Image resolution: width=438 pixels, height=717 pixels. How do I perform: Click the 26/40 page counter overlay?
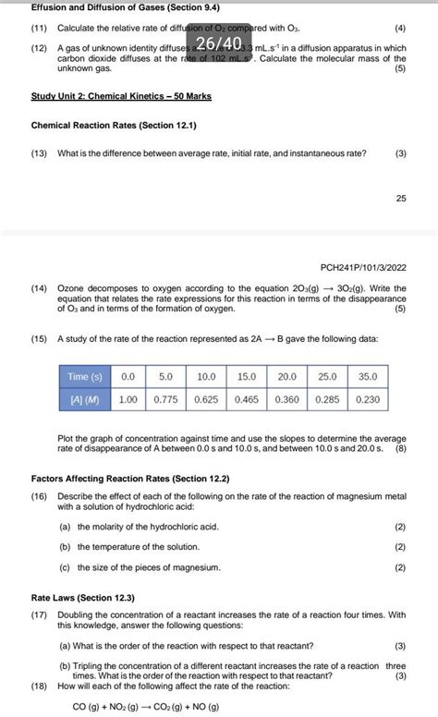(x=218, y=43)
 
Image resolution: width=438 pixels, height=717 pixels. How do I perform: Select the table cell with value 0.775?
(x=166, y=400)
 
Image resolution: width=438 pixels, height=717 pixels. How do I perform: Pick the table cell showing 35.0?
(x=369, y=377)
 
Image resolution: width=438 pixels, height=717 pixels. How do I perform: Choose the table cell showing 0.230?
(x=369, y=400)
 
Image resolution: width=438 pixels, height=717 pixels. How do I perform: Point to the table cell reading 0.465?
(x=247, y=400)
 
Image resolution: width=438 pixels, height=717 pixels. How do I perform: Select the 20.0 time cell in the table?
(x=287, y=377)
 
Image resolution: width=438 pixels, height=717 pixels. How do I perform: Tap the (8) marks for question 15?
(x=400, y=450)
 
